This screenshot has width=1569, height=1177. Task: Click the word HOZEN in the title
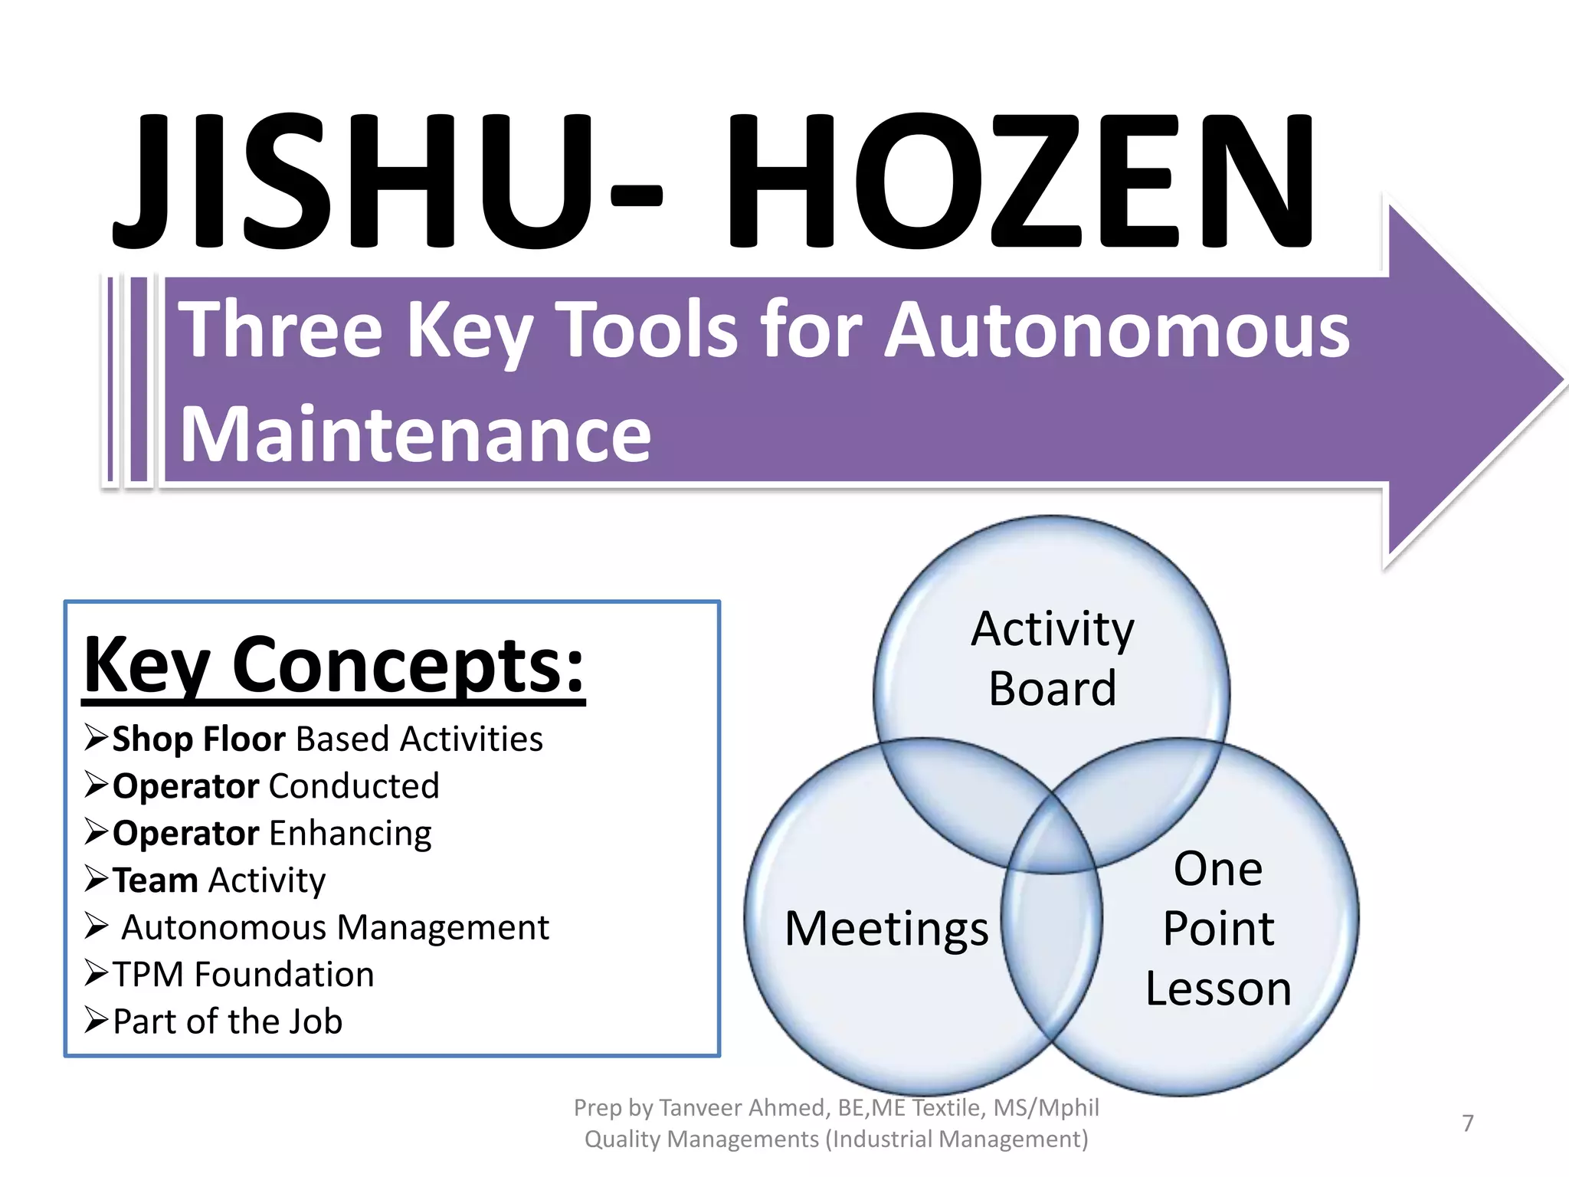click(1019, 182)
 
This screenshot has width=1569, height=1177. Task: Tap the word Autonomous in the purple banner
click(1117, 331)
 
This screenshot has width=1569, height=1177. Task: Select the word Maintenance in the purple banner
click(415, 435)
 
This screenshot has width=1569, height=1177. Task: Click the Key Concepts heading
click(334, 665)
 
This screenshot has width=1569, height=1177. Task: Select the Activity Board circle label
click(1052, 657)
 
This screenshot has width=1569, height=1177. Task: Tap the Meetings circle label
click(886, 929)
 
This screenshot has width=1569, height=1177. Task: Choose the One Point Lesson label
click(1218, 929)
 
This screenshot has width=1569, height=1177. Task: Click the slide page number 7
click(1467, 1123)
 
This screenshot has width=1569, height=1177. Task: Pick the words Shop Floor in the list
click(198, 739)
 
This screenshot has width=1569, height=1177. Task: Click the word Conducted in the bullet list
click(354, 786)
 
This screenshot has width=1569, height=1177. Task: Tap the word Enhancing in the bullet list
click(350, 834)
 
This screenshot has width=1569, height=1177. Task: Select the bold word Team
click(156, 880)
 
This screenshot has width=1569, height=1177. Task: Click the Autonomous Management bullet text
click(336, 928)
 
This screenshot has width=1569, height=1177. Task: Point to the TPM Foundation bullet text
click(244, 975)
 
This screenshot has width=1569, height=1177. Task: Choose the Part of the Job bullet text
click(228, 1022)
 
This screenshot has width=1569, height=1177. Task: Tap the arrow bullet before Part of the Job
click(97, 1021)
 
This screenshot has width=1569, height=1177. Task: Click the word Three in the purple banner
click(280, 331)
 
